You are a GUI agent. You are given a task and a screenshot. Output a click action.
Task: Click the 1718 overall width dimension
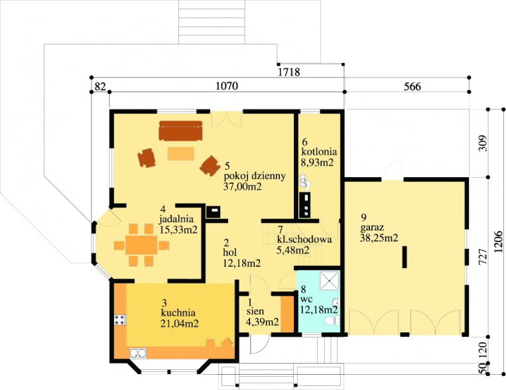pos(289,72)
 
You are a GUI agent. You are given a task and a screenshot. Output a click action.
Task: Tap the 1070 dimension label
pos(227,86)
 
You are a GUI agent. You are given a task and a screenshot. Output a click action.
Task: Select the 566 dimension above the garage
pos(412,86)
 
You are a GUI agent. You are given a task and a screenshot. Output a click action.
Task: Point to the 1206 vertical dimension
pos(498,241)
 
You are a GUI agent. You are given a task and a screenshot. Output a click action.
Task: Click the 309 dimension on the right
pos(483,143)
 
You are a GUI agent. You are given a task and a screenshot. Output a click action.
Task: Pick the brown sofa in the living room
pos(180,131)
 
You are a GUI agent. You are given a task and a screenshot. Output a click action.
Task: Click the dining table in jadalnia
pos(141,245)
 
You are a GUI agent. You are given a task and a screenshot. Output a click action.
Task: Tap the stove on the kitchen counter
pos(120,320)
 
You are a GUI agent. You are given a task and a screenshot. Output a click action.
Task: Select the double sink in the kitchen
pos(138,354)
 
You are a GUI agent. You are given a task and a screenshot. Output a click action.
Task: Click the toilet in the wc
pos(332,321)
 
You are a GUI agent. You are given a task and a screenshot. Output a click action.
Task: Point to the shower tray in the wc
pos(330,280)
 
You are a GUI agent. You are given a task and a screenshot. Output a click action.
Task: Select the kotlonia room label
pos(319,151)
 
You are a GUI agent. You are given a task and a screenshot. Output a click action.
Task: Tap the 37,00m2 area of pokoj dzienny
pos(242,186)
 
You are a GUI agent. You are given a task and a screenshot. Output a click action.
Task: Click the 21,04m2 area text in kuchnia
pos(180,323)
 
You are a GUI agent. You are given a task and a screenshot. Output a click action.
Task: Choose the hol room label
pos(229,252)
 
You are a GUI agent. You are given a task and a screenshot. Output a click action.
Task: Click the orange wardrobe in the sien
pos(287,313)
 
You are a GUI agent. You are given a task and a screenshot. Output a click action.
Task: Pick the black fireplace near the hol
pos(214,212)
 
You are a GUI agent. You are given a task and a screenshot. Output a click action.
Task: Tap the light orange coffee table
pos(180,154)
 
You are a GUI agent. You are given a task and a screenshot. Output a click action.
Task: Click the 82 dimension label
pos(100,86)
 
